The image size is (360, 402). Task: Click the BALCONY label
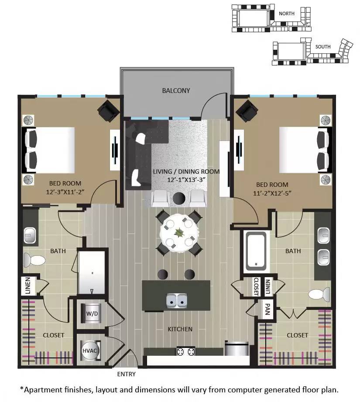[176, 91]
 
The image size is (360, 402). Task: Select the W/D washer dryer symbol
[91, 313]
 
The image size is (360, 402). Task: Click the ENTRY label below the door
[127, 374]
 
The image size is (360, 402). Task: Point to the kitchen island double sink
[177, 301]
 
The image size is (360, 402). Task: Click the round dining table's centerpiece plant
[179, 233]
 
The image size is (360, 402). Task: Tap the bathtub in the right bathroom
[256, 251]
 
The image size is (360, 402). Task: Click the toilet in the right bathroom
[320, 294]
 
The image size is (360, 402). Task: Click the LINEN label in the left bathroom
[27, 286]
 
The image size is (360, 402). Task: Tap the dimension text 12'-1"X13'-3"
[186, 180]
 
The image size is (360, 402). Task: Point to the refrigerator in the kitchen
[236, 350]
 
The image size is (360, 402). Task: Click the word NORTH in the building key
[287, 14]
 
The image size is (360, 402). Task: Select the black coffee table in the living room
[179, 199]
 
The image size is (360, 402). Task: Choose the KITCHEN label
[180, 329]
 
